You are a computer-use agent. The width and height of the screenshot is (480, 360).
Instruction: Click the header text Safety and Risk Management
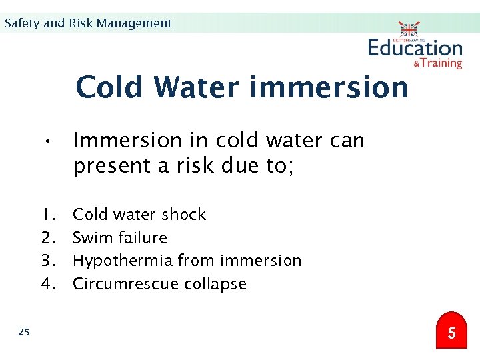pos(87,23)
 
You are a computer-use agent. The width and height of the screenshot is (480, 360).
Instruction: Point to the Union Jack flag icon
pos(409,29)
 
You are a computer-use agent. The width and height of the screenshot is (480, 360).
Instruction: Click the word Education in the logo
pos(415,48)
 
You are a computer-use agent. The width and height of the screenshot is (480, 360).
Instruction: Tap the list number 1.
pos(47,215)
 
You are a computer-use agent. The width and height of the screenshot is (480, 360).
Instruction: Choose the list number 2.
pos(47,238)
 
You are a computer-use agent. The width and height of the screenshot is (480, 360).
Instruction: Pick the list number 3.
pos(47,261)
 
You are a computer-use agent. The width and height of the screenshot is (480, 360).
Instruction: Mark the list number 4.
pos(47,284)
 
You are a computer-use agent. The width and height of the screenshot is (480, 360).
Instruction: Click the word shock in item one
pos(183,215)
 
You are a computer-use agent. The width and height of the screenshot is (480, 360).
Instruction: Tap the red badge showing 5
pos(452,332)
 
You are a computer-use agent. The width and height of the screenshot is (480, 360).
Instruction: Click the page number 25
pos(24,331)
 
